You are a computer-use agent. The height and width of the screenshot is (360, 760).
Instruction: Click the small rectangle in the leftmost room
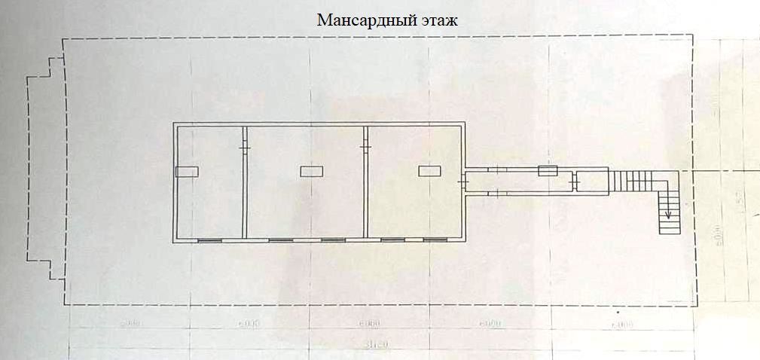tap(187, 172)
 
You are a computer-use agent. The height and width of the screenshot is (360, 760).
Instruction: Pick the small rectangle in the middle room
tap(311, 172)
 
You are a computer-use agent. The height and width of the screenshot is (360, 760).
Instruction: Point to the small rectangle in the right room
tap(429, 172)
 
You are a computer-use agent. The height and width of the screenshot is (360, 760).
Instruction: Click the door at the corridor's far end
tap(574, 182)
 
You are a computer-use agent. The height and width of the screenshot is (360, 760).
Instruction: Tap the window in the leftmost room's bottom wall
tap(210, 240)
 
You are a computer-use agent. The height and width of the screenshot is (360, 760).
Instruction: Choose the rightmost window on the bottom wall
tap(434, 240)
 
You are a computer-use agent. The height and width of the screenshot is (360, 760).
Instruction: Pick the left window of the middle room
tap(280, 240)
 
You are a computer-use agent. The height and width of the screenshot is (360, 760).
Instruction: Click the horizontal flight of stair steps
tap(633, 182)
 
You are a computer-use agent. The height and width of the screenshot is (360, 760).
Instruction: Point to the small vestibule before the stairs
tap(592, 182)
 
